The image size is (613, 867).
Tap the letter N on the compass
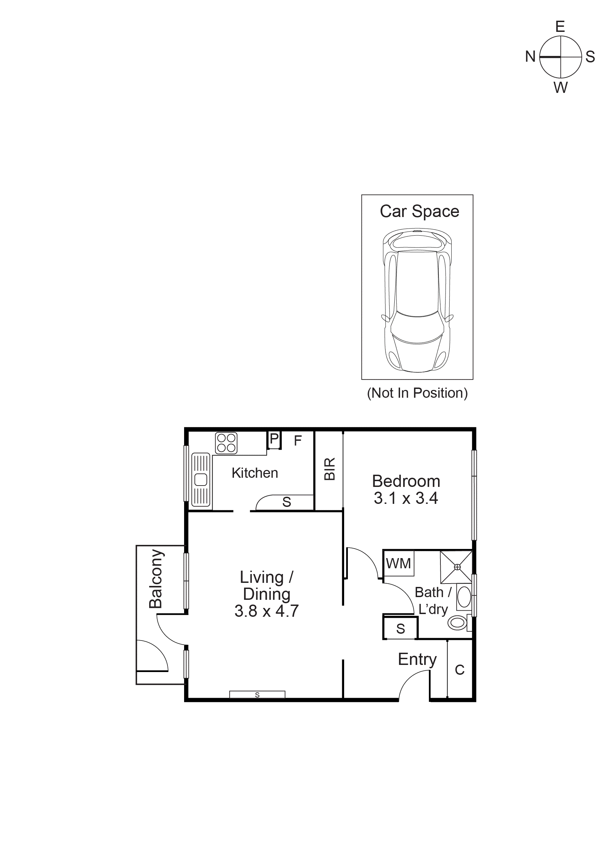coord(530,57)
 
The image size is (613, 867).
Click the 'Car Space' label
coord(419,212)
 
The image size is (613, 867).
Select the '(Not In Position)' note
coord(417,393)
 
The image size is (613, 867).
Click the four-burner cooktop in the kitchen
coord(226,443)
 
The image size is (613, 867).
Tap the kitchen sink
coord(201,479)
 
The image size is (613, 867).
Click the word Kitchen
coord(255,473)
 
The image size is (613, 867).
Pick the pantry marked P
coord(274,439)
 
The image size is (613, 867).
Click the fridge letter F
coord(298,440)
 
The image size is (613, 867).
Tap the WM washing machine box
coord(398,564)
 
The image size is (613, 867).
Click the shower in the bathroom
coord(456,567)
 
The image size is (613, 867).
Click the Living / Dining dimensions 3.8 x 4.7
coord(266,611)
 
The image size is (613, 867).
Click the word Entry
coord(417,659)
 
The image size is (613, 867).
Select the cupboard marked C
coord(459,670)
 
